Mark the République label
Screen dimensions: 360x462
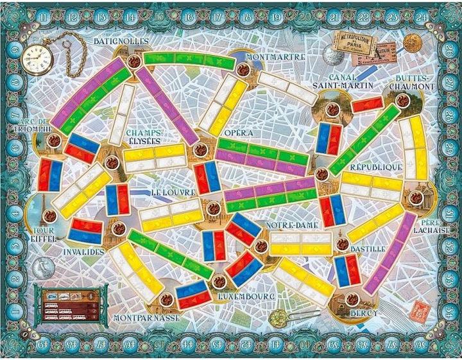point(375,167)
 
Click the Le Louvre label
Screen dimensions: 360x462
point(171,191)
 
